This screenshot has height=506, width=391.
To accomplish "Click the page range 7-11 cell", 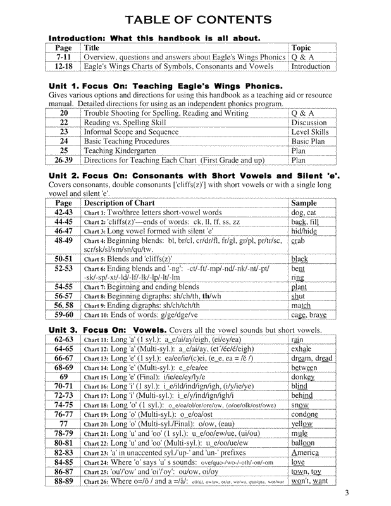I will tap(63, 56).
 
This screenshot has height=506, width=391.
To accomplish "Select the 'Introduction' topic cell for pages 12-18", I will tap(311, 66).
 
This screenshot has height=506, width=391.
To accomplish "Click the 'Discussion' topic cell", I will tap(309, 123).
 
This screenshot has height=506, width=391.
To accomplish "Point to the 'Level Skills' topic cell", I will tap(310, 132).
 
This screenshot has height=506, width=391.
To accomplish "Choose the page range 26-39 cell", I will tap(63, 161).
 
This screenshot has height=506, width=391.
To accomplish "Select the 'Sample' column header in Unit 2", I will tap(303, 202).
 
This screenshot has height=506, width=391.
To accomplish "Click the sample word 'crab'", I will tap(298, 241).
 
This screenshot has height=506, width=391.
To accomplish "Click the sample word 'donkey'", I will tap(303, 377).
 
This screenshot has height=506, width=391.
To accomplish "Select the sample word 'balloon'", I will tap(304, 443).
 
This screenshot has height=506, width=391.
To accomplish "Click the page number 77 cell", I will tap(63, 423).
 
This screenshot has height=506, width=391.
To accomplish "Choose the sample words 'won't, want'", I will tap(310, 481).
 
